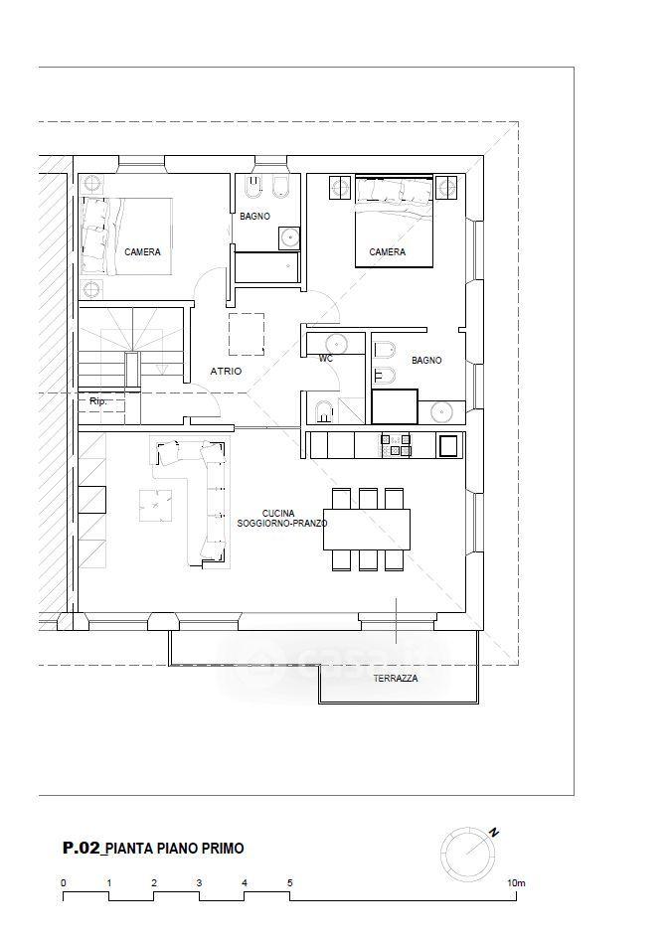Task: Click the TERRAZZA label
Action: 396,679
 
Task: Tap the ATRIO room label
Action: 226,372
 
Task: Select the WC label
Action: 326,359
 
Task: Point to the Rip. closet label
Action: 98,401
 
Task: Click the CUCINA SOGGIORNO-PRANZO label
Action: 282,519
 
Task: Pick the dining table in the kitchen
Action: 367,529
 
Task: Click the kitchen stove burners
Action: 396,445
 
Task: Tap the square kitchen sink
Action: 448,445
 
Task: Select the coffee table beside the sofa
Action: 156,506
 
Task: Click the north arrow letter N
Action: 494,832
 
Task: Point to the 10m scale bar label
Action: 517,882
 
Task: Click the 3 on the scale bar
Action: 199,882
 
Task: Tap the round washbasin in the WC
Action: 336,345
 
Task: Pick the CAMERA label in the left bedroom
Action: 142,252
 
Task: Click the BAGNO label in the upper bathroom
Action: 254,217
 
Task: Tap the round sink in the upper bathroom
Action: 289,237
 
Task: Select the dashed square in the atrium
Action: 247,334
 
